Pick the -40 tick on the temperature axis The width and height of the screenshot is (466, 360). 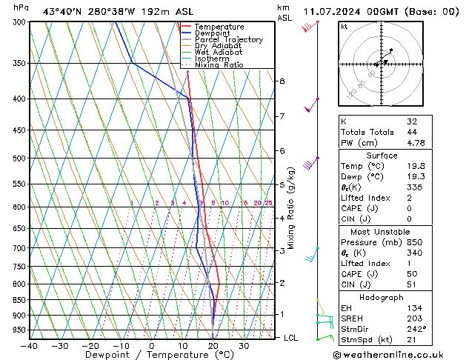point(30,346)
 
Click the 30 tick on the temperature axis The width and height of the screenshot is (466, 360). point(244,346)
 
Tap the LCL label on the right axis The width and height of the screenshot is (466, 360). point(292,338)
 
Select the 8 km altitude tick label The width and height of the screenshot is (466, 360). point(282,81)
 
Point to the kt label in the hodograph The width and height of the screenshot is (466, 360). point(344,26)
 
